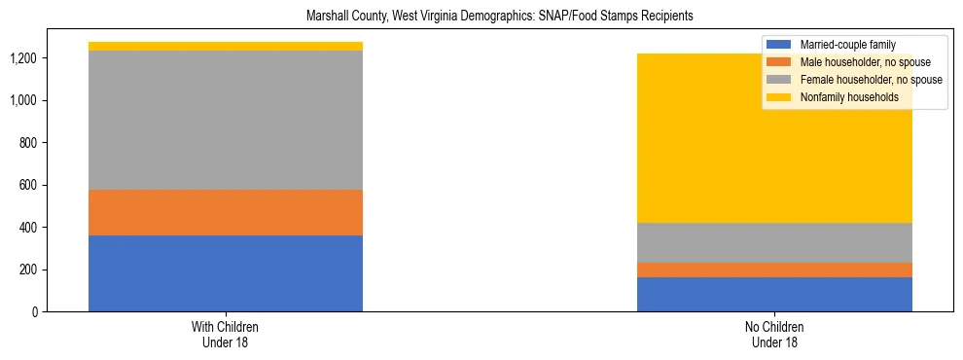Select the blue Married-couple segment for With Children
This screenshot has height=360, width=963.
coord(226,273)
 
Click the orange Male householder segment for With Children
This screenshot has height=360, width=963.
coord(226,212)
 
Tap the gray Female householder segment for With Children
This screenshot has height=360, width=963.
coord(226,120)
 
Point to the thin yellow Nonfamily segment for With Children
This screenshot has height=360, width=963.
coord(226,46)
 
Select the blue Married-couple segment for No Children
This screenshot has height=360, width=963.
coord(774,294)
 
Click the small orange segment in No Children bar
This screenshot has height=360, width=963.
coord(774,270)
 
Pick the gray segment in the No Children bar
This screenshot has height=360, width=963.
coord(774,242)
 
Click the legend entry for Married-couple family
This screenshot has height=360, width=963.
coord(846,45)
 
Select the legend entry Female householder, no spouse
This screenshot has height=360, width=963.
coord(869,80)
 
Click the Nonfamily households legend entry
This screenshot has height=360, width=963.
coord(848,97)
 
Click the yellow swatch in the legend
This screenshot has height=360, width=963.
coord(779,97)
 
